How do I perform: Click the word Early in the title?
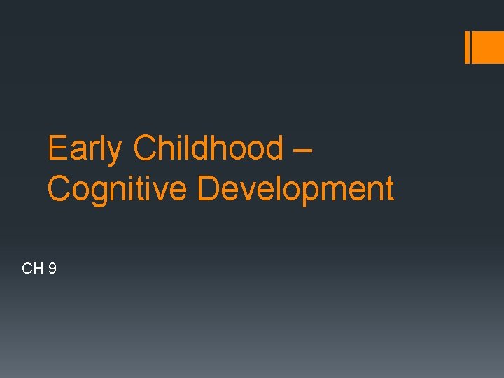[84, 148]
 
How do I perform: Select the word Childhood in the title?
[207, 148]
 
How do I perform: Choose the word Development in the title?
[295, 189]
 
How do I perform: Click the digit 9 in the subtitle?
[52, 268]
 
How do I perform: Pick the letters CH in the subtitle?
[33, 268]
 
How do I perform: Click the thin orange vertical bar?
[468, 48]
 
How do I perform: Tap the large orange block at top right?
[489, 48]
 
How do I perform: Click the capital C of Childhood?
[145, 148]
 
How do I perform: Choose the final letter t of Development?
[388, 189]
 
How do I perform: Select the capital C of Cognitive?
[59, 189]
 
